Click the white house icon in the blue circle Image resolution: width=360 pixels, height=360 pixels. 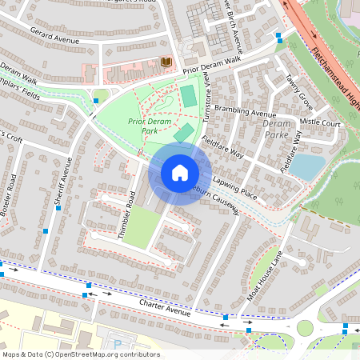point(180,172)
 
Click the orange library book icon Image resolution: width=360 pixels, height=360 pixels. point(166,62)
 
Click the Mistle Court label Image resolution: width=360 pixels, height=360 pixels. point(320,124)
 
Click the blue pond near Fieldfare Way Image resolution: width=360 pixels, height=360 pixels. point(307,166)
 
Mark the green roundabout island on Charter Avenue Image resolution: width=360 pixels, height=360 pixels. point(305,328)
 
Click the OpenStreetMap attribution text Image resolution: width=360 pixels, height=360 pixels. point(80,354)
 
